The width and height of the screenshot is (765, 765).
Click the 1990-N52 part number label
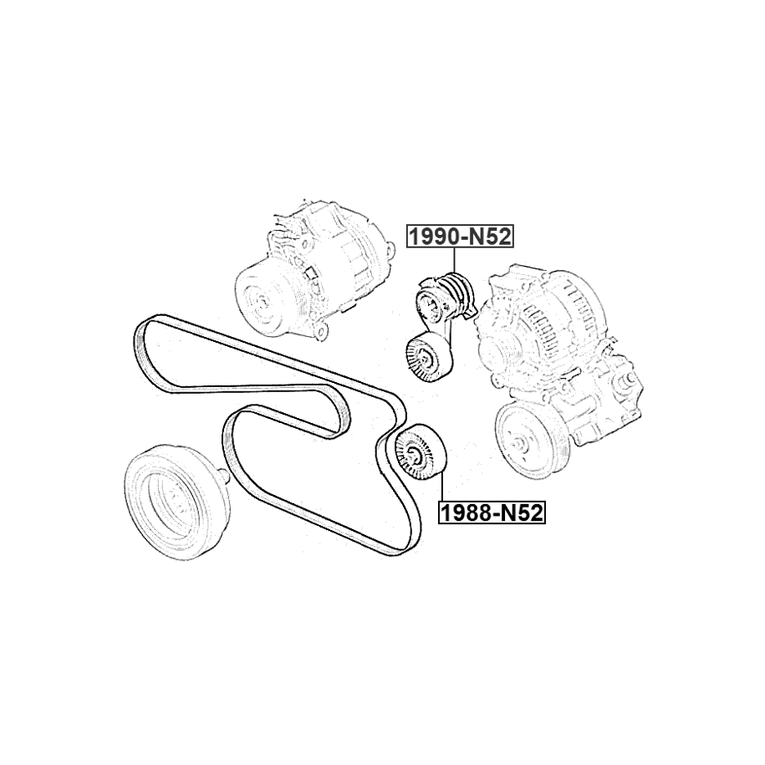460,237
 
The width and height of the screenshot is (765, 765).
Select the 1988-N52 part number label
492,513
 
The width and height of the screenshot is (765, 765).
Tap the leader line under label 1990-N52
454,261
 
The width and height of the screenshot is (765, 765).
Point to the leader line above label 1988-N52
441,487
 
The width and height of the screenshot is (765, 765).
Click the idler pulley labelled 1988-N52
419,453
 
